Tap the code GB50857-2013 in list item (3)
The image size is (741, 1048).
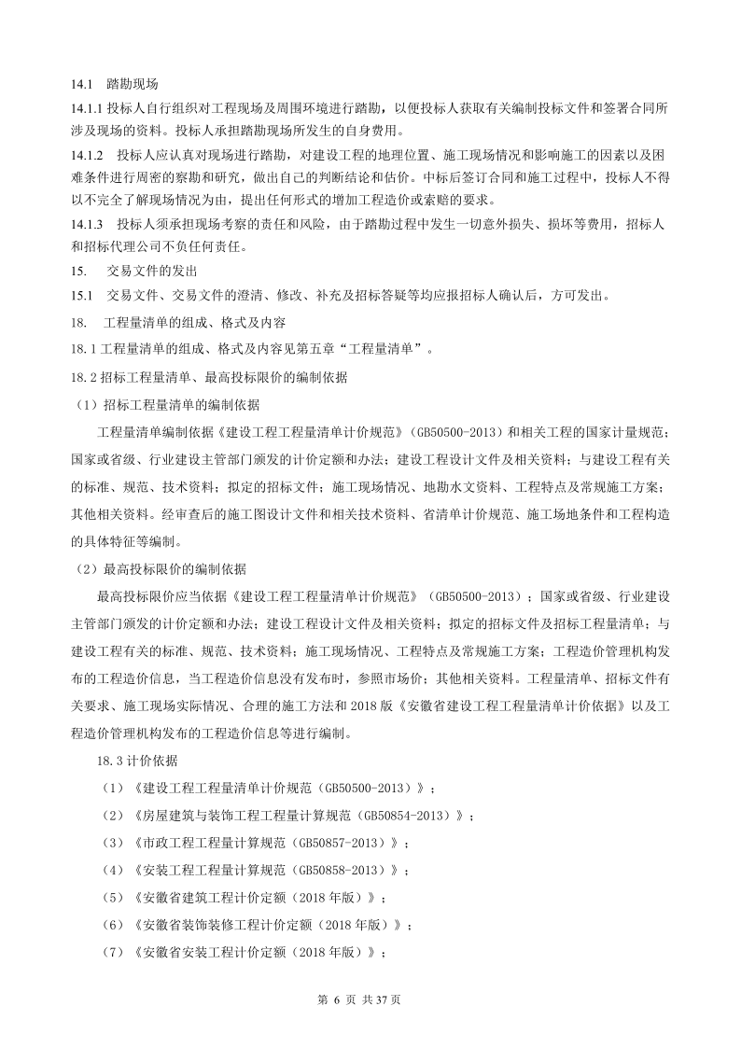[341, 843]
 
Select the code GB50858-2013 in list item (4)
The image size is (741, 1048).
[341, 870]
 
